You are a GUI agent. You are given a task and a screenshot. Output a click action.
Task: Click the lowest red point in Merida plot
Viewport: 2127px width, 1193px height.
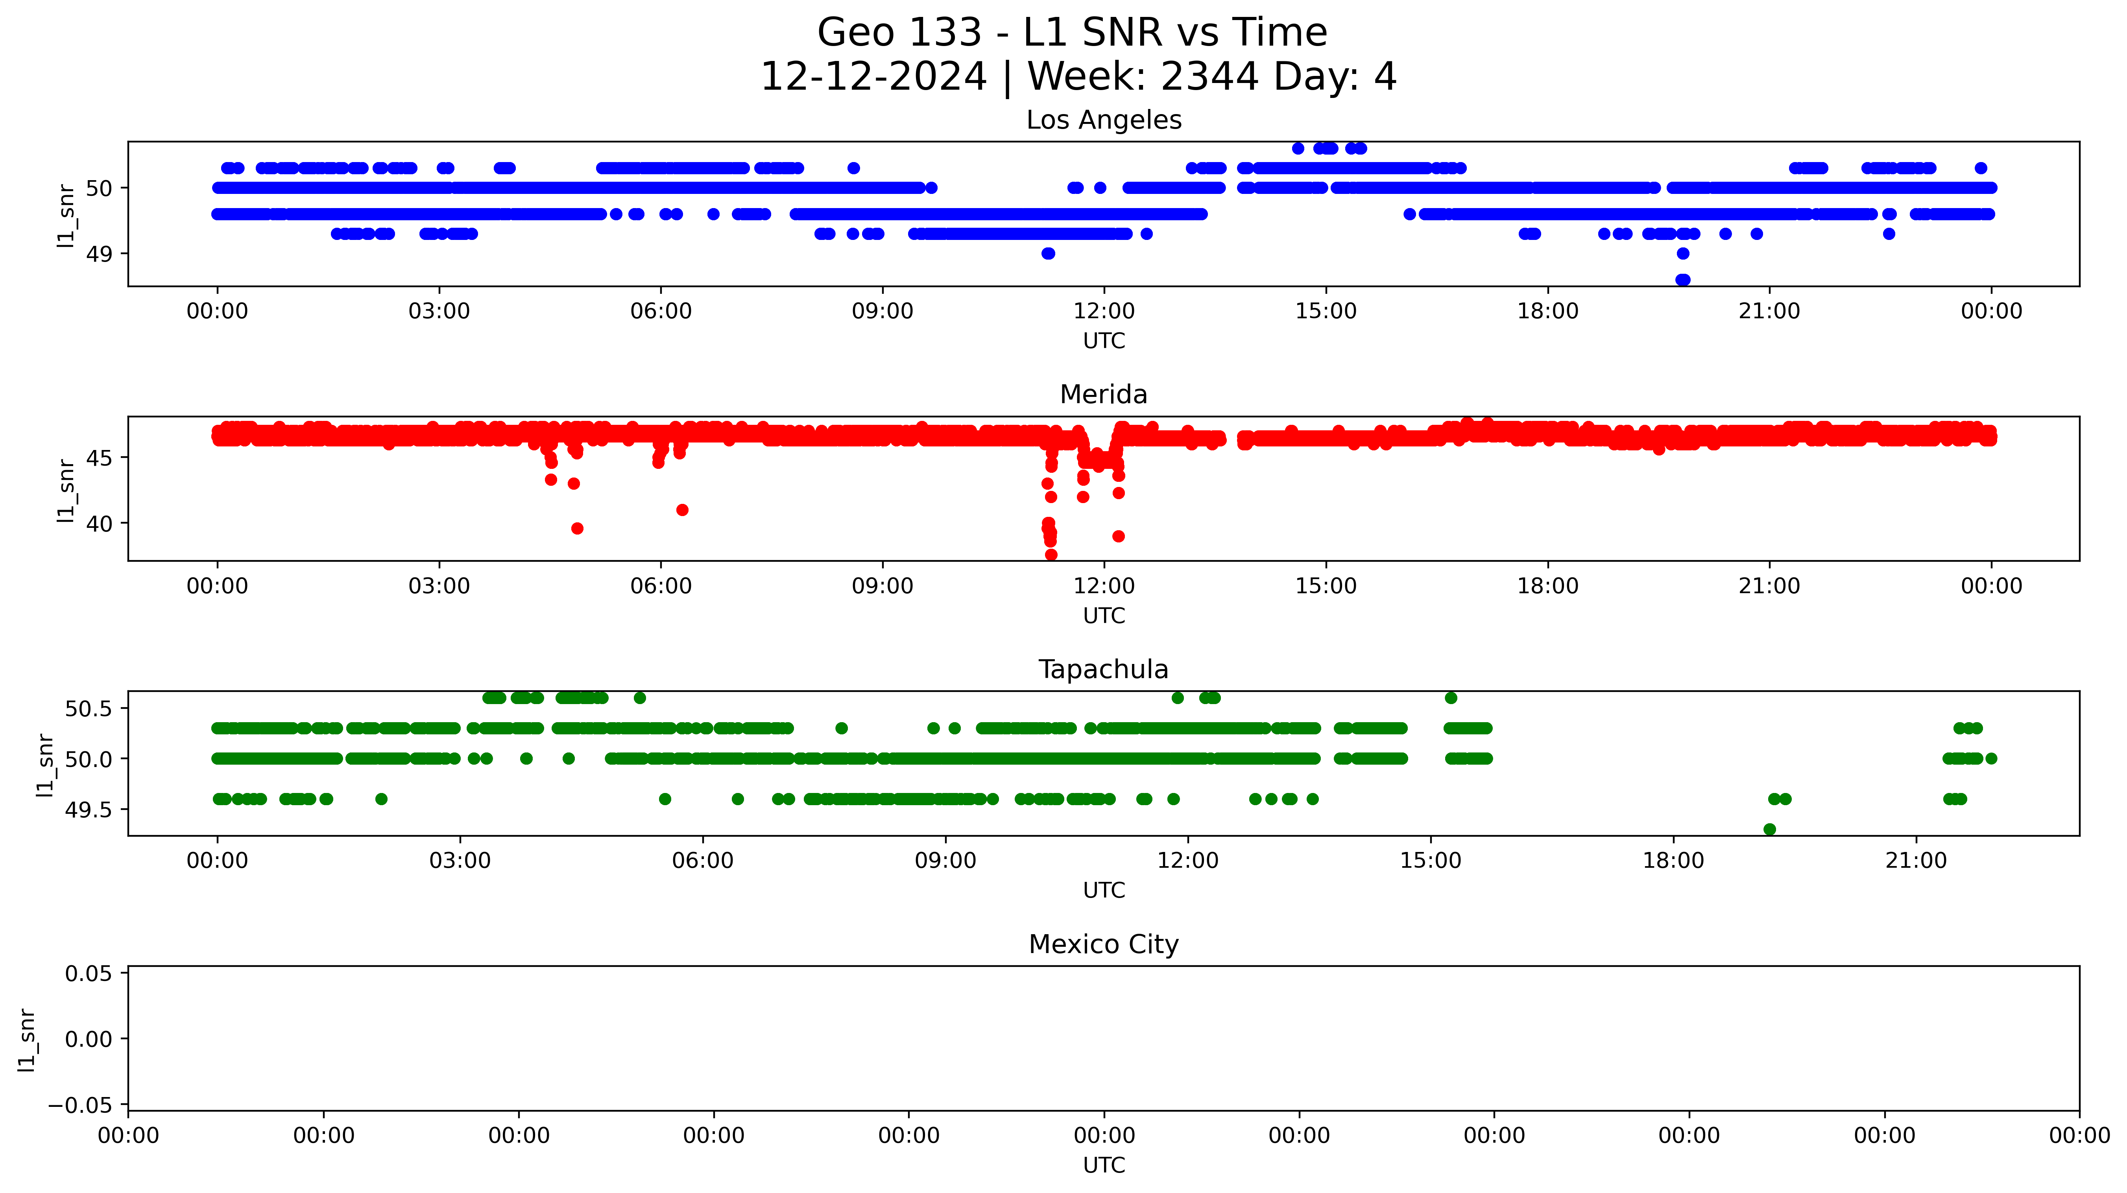pos(1051,555)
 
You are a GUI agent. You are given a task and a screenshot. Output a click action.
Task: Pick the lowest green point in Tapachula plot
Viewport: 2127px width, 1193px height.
pos(1769,829)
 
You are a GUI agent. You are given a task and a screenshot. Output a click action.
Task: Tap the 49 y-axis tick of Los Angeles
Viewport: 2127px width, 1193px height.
pos(99,254)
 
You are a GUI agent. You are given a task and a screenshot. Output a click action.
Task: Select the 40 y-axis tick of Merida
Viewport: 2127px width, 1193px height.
pos(99,524)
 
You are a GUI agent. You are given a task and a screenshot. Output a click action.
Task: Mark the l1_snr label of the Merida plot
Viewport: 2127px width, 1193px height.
pos(66,490)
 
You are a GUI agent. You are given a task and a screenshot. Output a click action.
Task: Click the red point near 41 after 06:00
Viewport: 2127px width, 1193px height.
pos(682,510)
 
